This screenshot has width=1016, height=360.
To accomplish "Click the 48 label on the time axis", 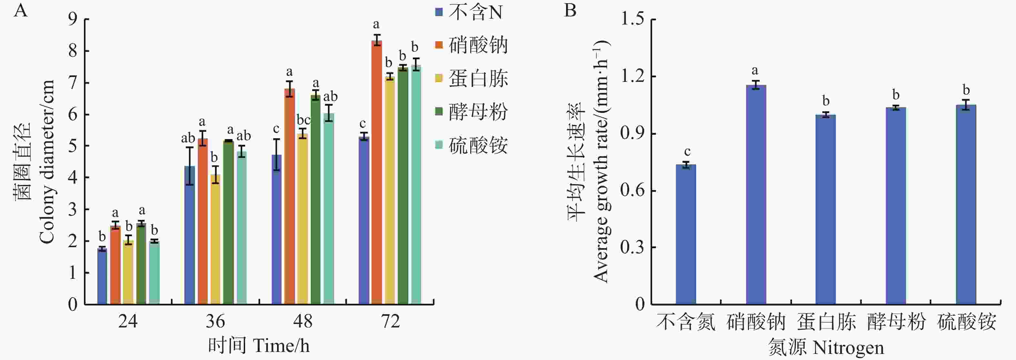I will pyautogui.click(x=303, y=321).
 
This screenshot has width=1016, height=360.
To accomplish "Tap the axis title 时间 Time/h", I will pyautogui.click(x=259, y=345).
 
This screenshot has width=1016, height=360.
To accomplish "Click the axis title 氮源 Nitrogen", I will pyautogui.click(x=826, y=347).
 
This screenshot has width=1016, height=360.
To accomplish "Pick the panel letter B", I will pyautogui.click(x=570, y=10).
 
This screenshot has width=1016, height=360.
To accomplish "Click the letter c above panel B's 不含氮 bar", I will pyautogui.click(x=687, y=151).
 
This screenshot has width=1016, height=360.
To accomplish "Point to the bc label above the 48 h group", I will pyautogui.click(x=304, y=120).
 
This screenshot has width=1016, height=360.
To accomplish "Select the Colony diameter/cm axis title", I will pyautogui.click(x=46, y=162).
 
